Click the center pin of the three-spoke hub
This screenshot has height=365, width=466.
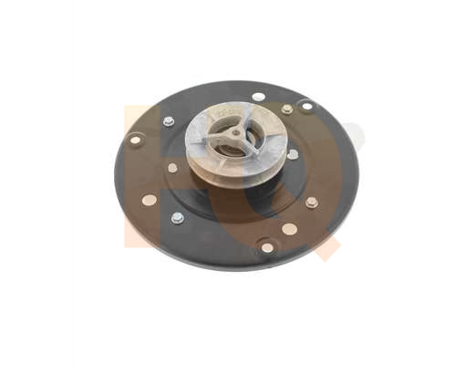pos(236,133)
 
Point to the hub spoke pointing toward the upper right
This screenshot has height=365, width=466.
pos(244,124)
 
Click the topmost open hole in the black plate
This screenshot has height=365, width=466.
pos(259,96)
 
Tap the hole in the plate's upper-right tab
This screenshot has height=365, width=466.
pos(306,106)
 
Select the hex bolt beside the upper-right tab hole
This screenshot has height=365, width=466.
pos(287,109)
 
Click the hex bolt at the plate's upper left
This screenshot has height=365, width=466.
pos(169,121)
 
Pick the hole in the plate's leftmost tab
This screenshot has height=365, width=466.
pos(135,140)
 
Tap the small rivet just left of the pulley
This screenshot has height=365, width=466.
pos(173,168)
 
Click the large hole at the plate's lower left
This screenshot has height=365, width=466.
pos(150,199)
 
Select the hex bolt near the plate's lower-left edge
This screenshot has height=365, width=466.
pos(177,218)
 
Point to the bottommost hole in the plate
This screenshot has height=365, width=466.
pos(267,246)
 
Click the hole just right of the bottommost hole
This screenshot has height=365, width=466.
pos(289,229)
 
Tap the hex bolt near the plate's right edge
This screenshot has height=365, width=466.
pos(311,202)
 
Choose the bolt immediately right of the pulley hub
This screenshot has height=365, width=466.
pos(293,154)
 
